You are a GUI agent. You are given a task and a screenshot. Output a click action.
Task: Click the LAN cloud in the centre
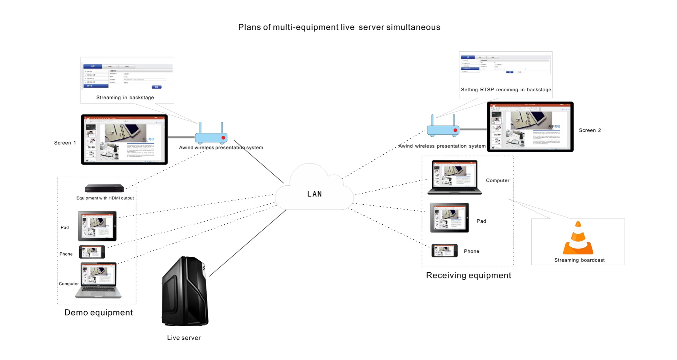(314, 189)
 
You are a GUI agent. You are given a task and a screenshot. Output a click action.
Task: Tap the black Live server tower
(185, 292)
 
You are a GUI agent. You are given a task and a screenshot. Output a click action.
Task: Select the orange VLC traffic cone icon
(578, 239)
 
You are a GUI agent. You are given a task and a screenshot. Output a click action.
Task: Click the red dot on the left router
(223, 138)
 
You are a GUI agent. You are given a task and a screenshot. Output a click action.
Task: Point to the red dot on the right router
(455, 130)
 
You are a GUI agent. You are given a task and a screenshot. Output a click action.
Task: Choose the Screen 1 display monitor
(124, 139)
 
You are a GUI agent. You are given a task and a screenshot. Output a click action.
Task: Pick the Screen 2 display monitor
(530, 127)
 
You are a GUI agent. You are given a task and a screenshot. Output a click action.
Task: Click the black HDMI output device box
(105, 188)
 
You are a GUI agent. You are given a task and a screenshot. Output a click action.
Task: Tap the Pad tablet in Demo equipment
(97, 226)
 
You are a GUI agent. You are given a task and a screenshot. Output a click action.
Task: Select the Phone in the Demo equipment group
(92, 252)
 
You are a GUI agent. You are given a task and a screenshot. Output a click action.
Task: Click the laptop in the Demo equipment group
(98, 280)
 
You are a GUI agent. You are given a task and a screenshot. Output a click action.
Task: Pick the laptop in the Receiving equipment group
(455, 177)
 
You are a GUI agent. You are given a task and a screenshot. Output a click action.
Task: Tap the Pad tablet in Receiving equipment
(450, 218)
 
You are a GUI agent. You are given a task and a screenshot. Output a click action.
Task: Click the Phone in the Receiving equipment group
(444, 251)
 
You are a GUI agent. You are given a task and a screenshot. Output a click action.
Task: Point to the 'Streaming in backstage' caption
(125, 97)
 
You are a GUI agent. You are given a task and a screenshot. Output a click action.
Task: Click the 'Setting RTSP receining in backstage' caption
(506, 90)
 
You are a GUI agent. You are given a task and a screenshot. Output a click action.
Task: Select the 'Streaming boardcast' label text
(579, 260)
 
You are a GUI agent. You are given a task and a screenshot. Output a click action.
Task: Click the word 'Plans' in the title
(250, 27)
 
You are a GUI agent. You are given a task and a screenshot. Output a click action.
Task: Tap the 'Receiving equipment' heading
(468, 275)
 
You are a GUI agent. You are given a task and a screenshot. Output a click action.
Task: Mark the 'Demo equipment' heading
(99, 313)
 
